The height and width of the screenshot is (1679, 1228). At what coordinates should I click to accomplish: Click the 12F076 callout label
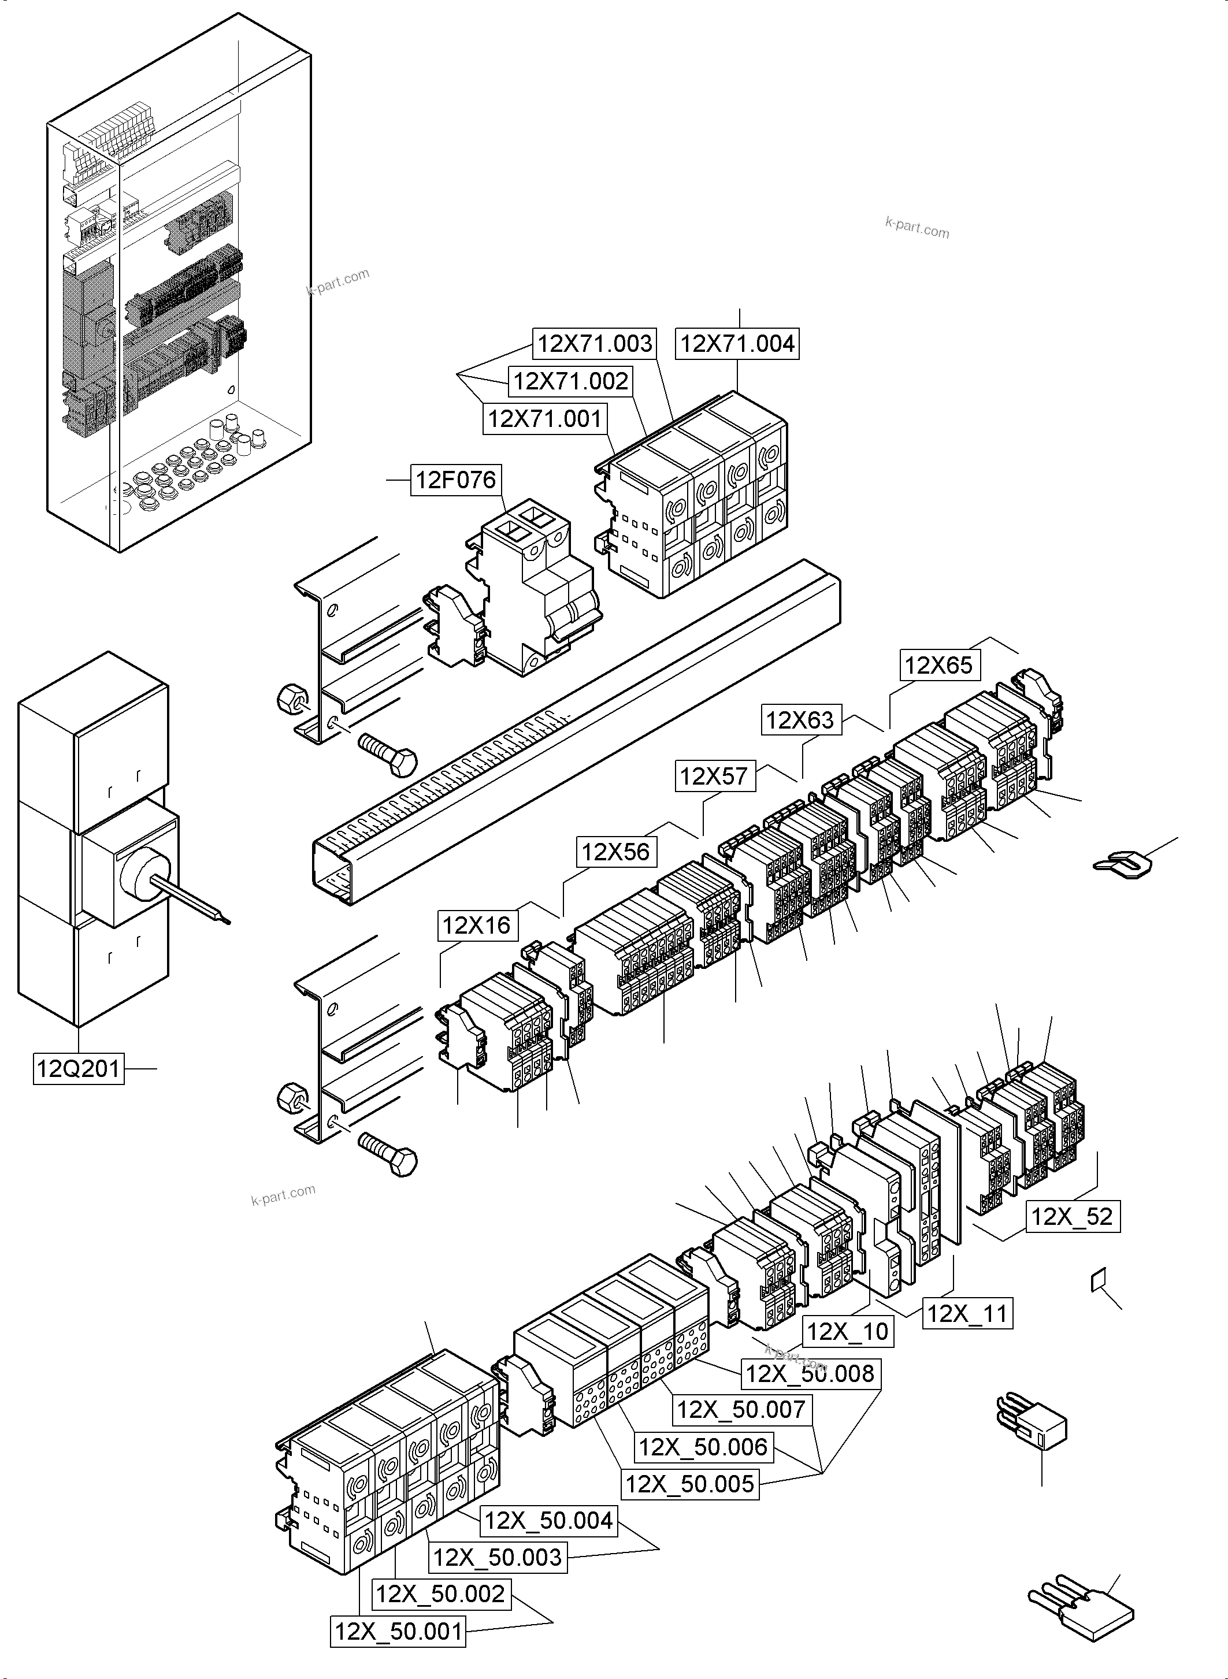click(456, 480)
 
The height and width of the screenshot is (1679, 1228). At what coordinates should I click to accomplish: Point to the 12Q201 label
click(78, 1069)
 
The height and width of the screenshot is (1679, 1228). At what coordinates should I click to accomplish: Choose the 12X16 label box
click(477, 926)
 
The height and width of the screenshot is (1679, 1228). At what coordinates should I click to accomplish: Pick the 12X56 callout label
click(615, 852)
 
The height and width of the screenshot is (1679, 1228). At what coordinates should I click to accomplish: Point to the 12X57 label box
click(714, 777)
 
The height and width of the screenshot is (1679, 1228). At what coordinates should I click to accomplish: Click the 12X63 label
click(800, 720)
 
